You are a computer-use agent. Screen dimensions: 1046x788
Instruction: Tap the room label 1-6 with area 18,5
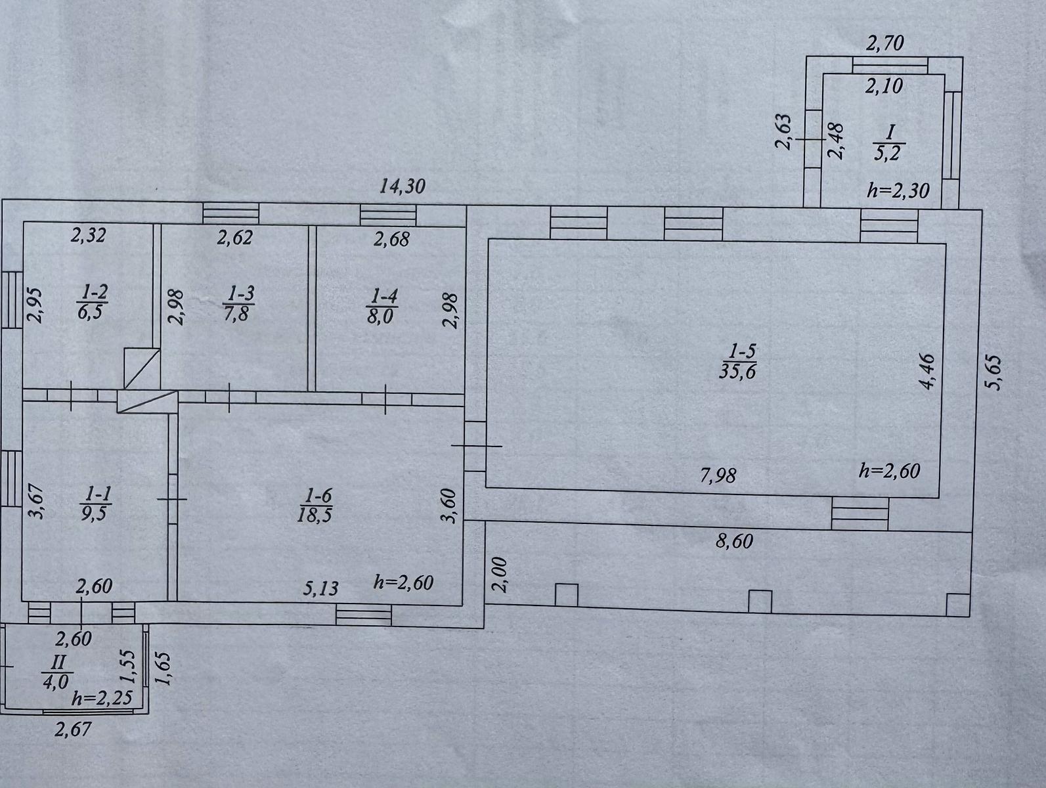(315, 506)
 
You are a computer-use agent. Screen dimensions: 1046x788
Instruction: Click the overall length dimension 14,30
(403, 186)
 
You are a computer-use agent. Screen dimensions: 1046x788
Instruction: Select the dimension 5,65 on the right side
(995, 373)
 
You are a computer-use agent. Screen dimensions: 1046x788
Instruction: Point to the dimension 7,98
(718, 475)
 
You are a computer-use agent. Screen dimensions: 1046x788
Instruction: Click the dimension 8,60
(734, 541)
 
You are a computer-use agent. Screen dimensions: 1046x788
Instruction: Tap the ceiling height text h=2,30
(898, 190)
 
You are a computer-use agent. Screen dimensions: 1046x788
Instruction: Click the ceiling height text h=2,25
(102, 699)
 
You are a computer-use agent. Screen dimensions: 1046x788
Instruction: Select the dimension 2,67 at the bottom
(72, 730)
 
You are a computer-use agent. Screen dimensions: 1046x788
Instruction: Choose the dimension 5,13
(320, 589)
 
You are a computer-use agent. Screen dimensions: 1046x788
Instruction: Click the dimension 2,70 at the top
(884, 43)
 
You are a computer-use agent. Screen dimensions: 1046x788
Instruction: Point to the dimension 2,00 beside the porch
(500, 575)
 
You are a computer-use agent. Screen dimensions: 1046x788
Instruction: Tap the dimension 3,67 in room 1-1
(37, 501)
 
